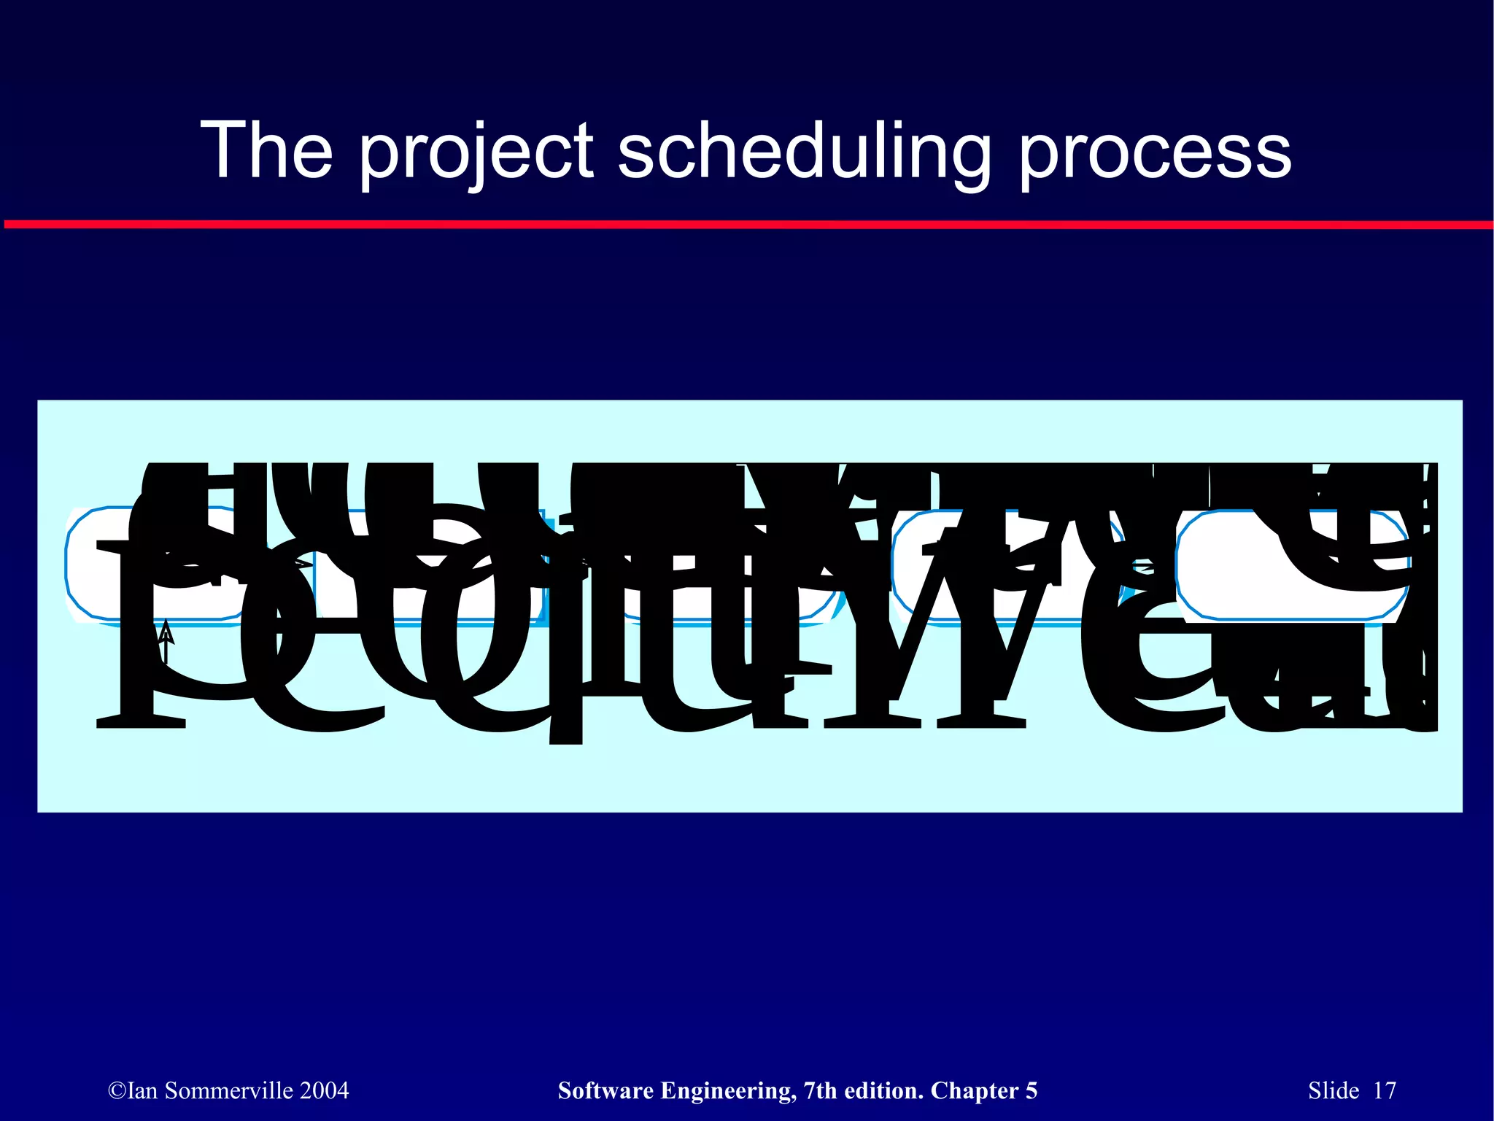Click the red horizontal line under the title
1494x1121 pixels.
coord(747,224)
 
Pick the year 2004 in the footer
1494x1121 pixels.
coord(325,1090)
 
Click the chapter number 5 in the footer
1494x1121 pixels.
coord(1032,1090)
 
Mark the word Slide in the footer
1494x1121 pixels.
coord(1334,1090)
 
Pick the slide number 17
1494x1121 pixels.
coord(1385,1090)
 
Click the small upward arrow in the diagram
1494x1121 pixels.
coord(166,640)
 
